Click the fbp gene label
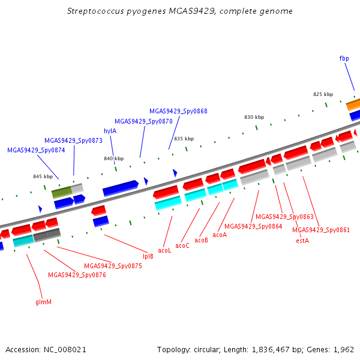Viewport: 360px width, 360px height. pyautogui.click(x=344, y=58)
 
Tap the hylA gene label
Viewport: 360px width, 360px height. pyautogui.click(x=110, y=131)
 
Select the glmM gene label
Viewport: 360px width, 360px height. pyautogui.click(x=43, y=302)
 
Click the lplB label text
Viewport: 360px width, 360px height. pyautogui.click(x=148, y=256)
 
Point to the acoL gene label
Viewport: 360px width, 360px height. pyautogui.click(x=164, y=250)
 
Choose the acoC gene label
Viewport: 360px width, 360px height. pyautogui.click(x=182, y=245)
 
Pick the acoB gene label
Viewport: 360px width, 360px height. pyautogui.click(x=201, y=240)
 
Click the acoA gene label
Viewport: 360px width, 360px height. pyautogui.click(x=220, y=235)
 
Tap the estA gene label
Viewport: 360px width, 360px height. pyautogui.click(x=302, y=241)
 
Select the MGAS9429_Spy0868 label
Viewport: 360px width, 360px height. pyautogui.click(x=178, y=111)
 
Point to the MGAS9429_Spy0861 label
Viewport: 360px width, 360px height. pyautogui.click(x=321, y=230)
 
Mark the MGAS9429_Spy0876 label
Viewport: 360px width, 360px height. pyautogui.click(x=77, y=275)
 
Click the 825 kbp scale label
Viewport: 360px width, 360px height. pyautogui.click(x=323, y=94)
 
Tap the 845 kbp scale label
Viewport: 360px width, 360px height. pyautogui.click(x=43, y=176)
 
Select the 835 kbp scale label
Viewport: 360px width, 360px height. pyautogui.click(x=184, y=139)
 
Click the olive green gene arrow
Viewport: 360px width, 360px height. pyautogui.click(x=62, y=192)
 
